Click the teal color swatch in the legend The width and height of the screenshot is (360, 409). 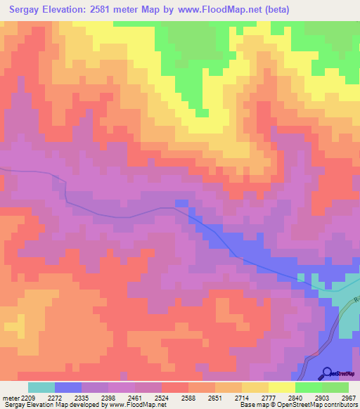pyautogui.click(x=41, y=387)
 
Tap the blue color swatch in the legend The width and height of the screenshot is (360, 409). pyautogui.click(x=68, y=387)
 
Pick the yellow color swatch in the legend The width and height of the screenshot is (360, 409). pyautogui.click(x=282, y=387)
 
